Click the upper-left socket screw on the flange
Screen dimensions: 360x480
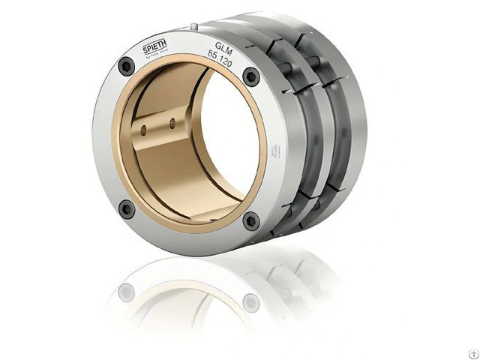pos(127,66)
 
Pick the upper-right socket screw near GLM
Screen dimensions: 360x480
pos(251,76)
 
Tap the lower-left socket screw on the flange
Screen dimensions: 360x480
pos(127,208)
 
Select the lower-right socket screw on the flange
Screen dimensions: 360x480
pos(250,220)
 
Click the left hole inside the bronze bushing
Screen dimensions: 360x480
pos(143,130)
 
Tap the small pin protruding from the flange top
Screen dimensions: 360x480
pos(193,28)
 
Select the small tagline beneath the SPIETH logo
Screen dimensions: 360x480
pos(156,56)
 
